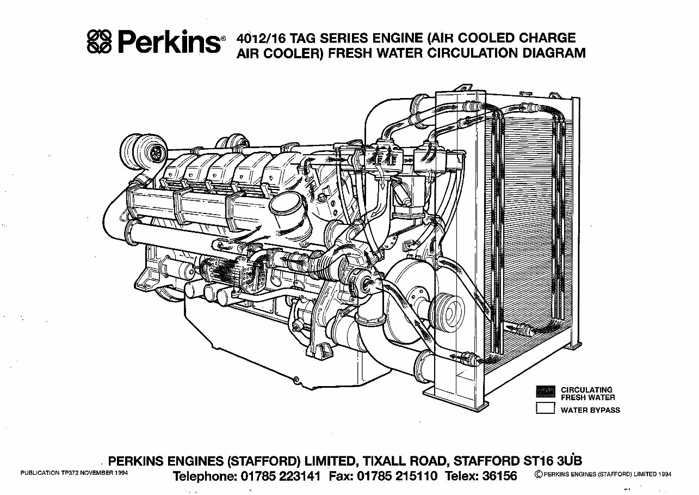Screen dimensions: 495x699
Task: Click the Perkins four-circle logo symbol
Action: [x=100, y=41]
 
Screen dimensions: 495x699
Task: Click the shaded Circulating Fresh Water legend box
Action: [x=545, y=392]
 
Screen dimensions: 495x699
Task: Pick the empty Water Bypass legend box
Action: [x=545, y=408]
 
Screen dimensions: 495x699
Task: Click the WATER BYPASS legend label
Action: [x=590, y=410]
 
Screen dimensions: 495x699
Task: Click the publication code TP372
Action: [x=72, y=474]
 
